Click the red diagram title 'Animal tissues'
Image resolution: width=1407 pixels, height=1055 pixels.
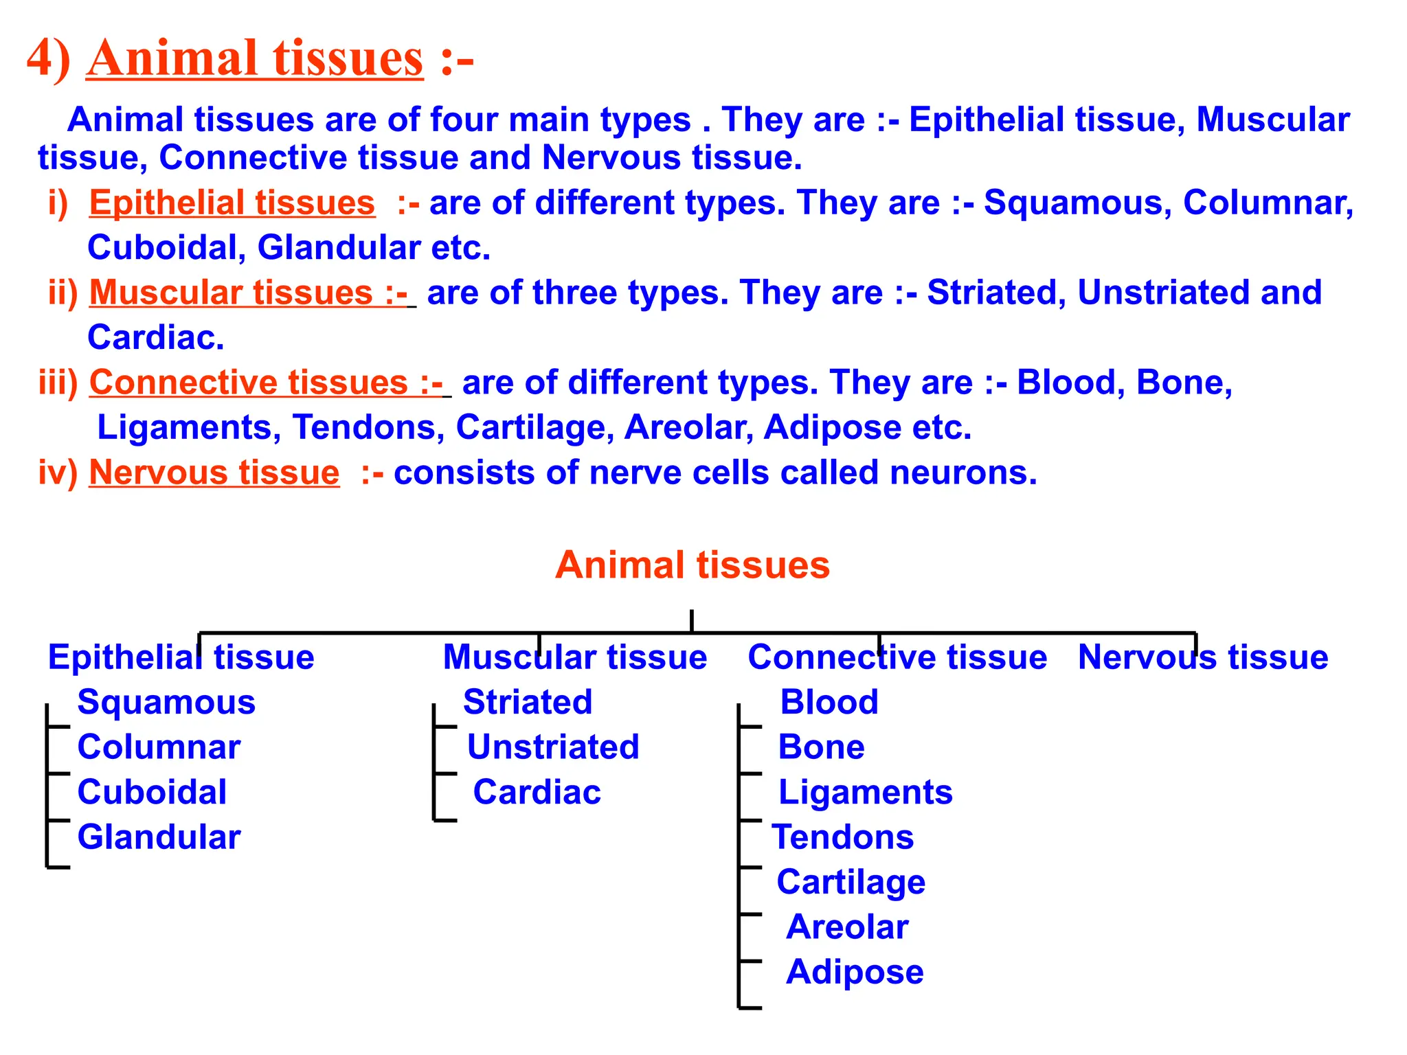(693, 565)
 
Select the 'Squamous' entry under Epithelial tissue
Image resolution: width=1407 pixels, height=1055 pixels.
(166, 703)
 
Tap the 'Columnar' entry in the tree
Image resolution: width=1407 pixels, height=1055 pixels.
(159, 747)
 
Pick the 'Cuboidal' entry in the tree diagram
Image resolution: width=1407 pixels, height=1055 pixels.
(152, 792)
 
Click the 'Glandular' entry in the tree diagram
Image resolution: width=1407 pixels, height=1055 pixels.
(159, 837)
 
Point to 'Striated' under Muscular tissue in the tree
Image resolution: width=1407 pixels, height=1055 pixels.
(528, 702)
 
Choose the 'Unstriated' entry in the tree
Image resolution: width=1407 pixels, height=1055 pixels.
(553, 747)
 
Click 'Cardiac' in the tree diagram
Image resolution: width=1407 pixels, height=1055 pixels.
(537, 792)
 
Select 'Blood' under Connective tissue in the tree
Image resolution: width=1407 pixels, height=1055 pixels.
(829, 703)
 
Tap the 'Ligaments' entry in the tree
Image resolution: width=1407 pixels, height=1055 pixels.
(866, 792)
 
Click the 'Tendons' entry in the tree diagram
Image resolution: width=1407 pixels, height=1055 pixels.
(843, 837)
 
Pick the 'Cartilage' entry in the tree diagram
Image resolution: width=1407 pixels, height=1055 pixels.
(851, 883)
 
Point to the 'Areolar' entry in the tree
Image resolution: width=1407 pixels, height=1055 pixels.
(847, 927)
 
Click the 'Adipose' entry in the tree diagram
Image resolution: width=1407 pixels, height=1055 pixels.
(855, 973)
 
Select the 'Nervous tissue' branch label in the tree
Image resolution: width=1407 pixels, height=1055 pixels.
(1203, 657)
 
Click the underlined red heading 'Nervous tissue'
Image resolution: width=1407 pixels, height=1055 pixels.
(214, 473)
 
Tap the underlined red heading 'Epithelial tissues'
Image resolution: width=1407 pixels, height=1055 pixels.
(232, 203)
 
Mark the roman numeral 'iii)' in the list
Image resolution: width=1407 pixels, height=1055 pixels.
(58, 383)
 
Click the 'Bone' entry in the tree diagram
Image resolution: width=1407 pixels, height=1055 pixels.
(821, 747)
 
